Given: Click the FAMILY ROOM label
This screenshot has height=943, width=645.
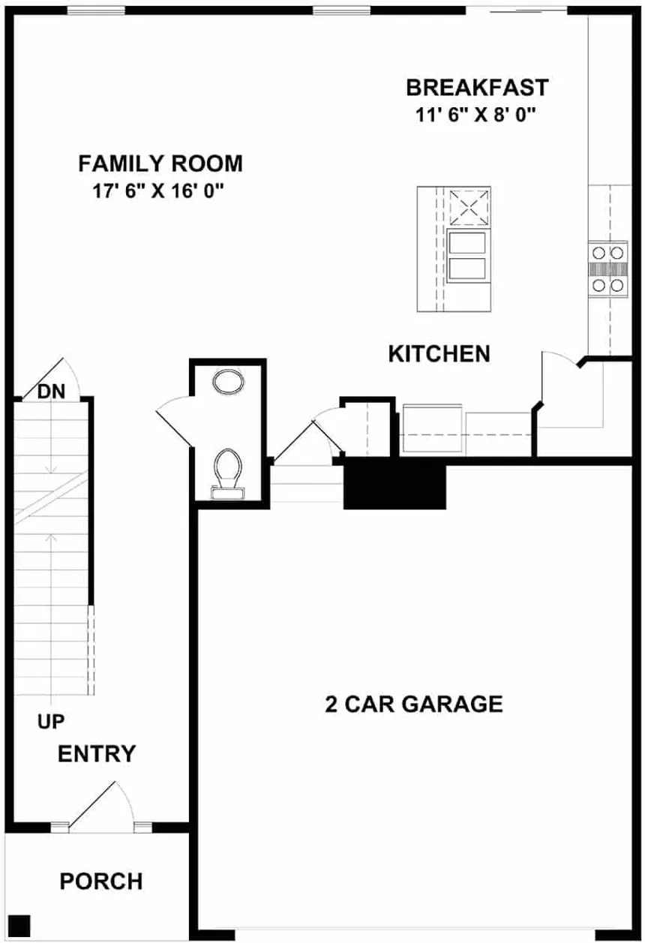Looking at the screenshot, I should click(160, 163).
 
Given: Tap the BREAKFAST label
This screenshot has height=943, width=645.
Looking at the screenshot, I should click(477, 87).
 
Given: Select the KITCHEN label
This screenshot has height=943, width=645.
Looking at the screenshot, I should click(439, 354).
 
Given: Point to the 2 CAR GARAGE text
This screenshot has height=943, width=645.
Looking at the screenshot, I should click(413, 704).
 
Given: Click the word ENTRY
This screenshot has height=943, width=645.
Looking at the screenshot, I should click(97, 753).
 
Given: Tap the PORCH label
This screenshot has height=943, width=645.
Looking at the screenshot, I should click(101, 881).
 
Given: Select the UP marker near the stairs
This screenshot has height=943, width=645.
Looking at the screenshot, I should click(51, 722).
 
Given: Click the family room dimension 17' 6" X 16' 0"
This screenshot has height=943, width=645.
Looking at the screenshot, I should click(159, 191).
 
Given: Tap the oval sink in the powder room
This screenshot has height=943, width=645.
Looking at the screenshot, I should click(228, 383).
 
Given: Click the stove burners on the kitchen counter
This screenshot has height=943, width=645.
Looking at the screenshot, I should click(607, 269).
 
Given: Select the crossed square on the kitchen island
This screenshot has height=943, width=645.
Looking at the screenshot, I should click(469, 208).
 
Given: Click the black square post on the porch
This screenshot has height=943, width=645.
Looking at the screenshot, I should click(21, 924).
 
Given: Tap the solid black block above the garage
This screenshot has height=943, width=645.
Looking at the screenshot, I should click(394, 486).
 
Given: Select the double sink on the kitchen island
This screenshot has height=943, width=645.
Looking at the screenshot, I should click(468, 257).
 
